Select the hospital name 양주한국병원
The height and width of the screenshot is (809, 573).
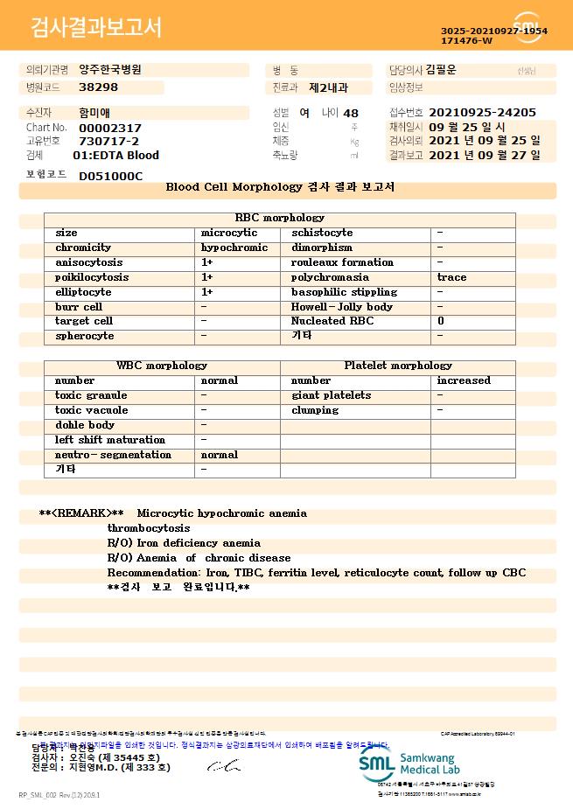[x=109, y=69]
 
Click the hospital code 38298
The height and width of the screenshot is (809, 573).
[x=98, y=87]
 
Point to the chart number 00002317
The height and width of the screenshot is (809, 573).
[x=110, y=128]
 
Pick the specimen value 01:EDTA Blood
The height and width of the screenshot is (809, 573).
[x=115, y=156]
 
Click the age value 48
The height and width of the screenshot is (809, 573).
[x=351, y=114]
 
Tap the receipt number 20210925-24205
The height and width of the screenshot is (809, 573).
[x=483, y=113]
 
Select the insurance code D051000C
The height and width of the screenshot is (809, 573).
[x=110, y=176]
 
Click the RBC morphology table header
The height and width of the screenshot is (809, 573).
[x=280, y=218]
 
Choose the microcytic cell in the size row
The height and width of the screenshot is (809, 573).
[x=229, y=233]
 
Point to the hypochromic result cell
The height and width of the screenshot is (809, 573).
[x=234, y=248]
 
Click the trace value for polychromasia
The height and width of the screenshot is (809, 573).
[x=451, y=277]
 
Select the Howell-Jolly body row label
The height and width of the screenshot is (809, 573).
[x=342, y=307]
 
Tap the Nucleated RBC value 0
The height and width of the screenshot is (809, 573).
[x=441, y=321]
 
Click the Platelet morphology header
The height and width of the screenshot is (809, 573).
[x=398, y=366]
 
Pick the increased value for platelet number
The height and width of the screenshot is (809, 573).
[x=464, y=380]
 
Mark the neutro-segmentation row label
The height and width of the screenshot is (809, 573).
[x=114, y=455]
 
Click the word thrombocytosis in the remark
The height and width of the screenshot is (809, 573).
[x=149, y=528]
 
